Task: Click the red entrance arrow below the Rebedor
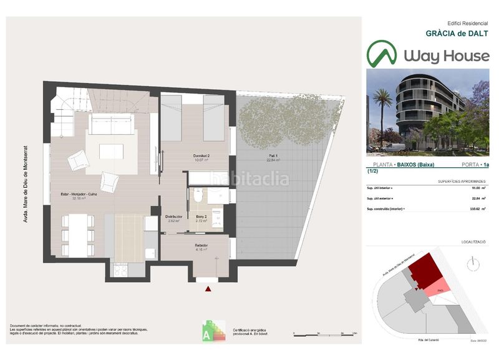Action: pos(208,288)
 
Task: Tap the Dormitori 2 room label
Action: pos(200,157)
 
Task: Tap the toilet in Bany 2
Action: pos(198,197)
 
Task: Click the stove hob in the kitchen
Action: pos(119,270)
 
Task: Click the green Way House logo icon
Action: pos(381,54)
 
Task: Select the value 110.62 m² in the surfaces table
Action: pos(475,209)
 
